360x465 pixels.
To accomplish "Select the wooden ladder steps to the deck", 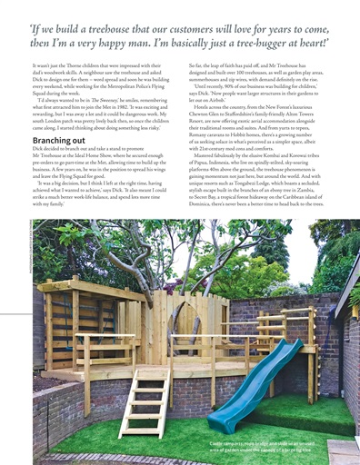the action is click(x=143, y=403).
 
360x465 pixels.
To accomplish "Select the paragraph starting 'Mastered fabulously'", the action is click(x=259, y=192).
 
